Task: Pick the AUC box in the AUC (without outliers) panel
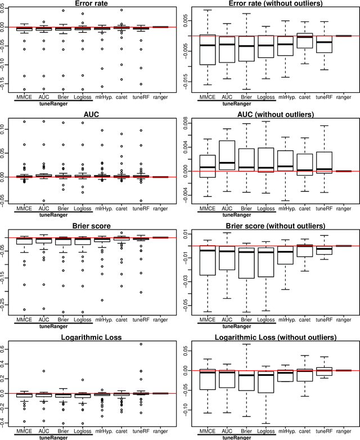point(227,156)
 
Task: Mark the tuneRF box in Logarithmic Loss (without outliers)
point(324,371)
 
